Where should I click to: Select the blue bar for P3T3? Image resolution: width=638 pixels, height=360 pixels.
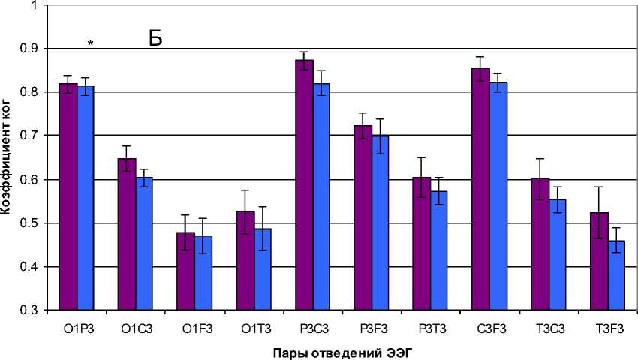pyautogui.click(x=439, y=250)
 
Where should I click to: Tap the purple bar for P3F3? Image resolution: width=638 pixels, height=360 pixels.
pyautogui.click(x=363, y=217)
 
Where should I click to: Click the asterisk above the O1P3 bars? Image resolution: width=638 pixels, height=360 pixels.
pyautogui.click(x=90, y=44)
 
